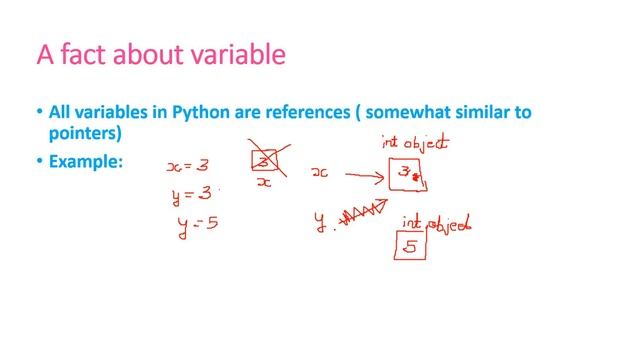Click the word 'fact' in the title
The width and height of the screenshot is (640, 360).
[91, 53]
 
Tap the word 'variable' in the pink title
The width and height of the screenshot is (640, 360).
[235, 53]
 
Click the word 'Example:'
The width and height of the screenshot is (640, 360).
[85, 160]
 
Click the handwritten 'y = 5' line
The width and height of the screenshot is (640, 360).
[197, 223]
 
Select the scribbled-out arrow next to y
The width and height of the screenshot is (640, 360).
[364, 214]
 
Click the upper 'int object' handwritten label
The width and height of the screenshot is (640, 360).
[414, 142]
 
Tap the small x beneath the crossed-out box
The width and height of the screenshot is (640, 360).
[264, 184]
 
